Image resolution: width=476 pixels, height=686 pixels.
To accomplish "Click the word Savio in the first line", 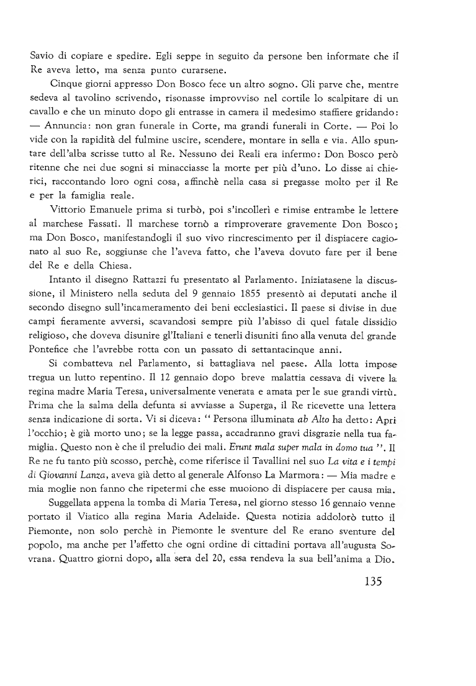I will [x=43, y=57].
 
